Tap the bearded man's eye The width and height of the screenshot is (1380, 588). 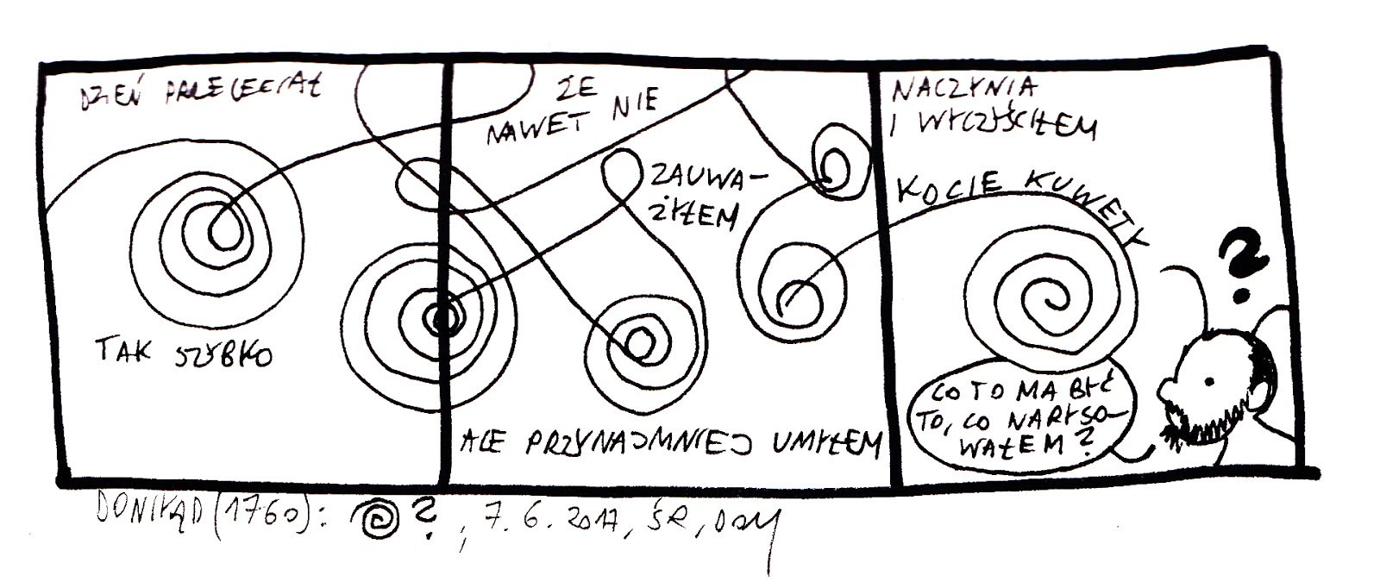pos(1208,381)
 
